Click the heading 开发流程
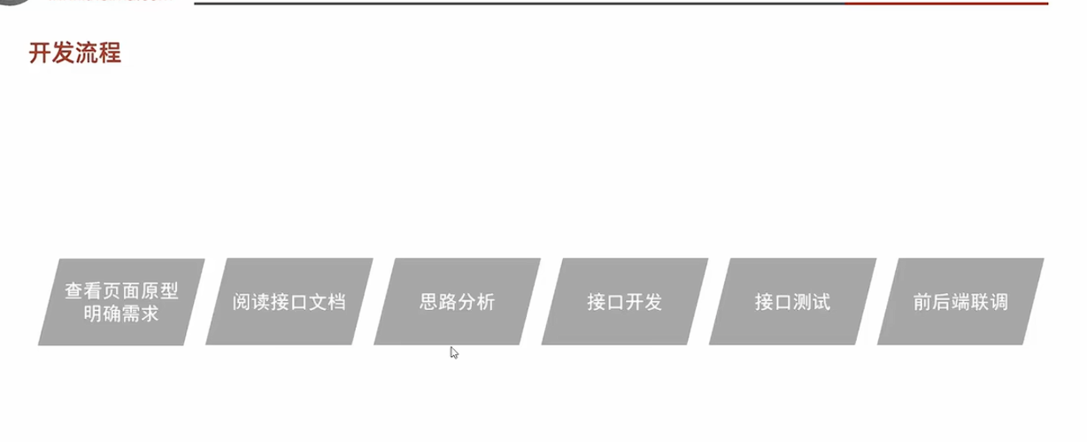[74, 53]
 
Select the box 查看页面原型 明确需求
[121, 302]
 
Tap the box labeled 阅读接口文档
[289, 302]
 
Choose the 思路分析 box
[457, 302]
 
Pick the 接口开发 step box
[624, 302]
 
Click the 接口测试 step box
[792, 302]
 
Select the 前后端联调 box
[960, 302]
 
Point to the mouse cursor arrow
[454, 352]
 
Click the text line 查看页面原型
[121, 291]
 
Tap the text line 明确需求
[121, 313]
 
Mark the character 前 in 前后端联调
[922, 302]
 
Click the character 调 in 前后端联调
[998, 302]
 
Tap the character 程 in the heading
[110, 53]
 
